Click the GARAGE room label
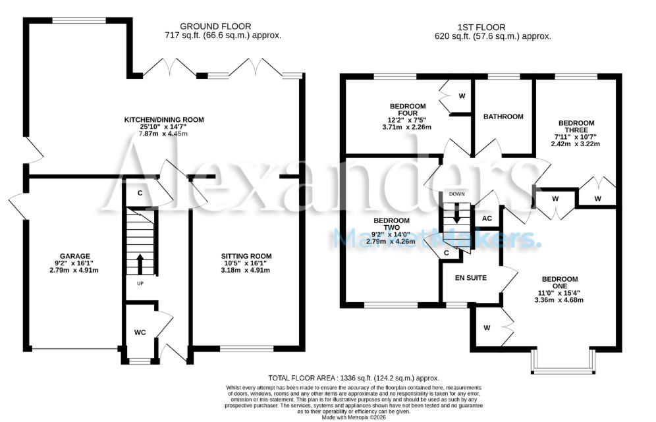[x=74, y=256]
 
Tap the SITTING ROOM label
[x=246, y=256]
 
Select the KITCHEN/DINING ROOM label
[x=165, y=120]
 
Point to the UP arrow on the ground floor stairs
[x=140, y=263]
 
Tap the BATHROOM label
[x=503, y=117]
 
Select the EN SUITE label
[x=471, y=278]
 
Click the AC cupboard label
[x=487, y=219]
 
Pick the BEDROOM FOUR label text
[x=408, y=109]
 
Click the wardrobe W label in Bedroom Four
[x=462, y=96]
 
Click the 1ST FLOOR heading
[x=481, y=27]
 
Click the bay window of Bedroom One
[x=564, y=359]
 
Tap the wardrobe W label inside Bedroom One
[x=487, y=327]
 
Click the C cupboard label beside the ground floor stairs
[x=140, y=194]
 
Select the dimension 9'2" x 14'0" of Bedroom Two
[x=391, y=234]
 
